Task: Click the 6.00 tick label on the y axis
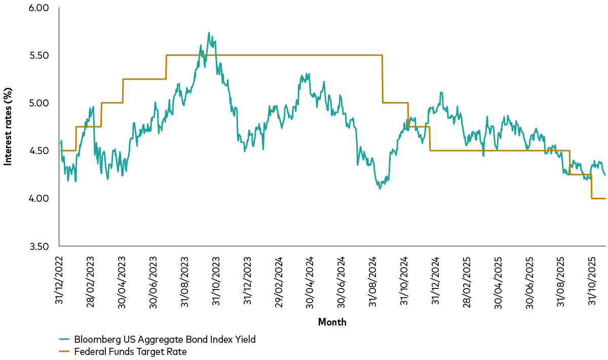(39, 8)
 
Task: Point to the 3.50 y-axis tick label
(39, 246)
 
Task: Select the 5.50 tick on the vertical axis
(39, 55)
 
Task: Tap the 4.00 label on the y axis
(39, 199)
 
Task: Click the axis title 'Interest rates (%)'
(8, 127)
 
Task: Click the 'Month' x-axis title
(332, 322)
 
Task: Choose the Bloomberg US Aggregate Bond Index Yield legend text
(165, 340)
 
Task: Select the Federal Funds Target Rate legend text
(131, 351)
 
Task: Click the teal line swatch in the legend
(64, 340)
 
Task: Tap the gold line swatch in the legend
(64, 351)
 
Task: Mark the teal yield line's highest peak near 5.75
(209, 33)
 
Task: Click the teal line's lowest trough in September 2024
(379, 188)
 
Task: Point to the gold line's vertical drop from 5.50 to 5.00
(383, 79)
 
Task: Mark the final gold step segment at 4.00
(598, 199)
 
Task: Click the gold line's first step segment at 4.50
(68, 151)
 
